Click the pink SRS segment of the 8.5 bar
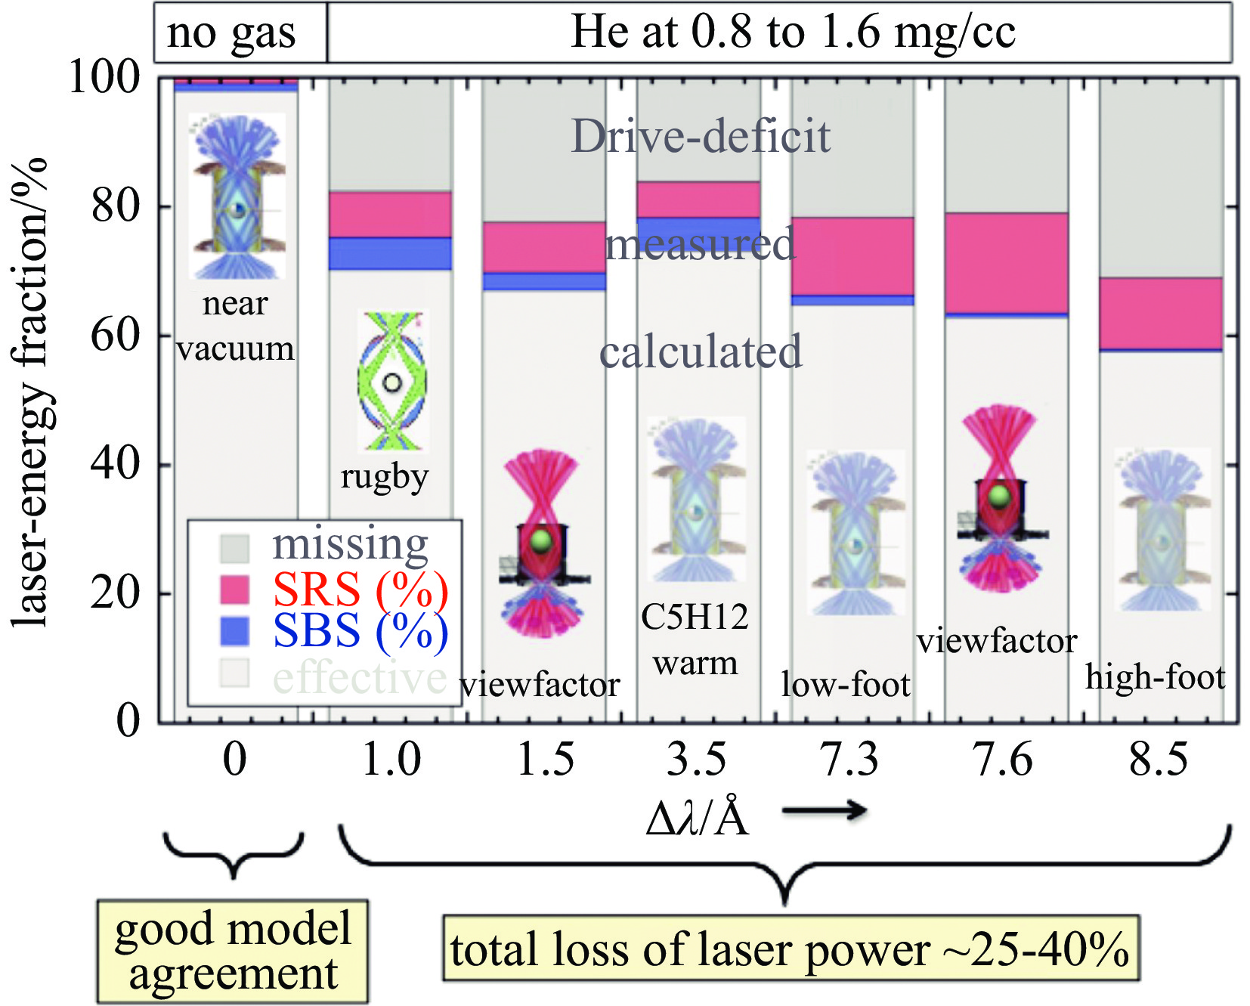pos(1161,313)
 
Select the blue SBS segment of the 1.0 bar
pos(390,253)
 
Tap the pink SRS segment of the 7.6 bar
pos(1006,262)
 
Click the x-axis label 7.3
pos(850,759)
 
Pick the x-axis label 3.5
pos(696,759)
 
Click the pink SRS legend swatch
pos(234,589)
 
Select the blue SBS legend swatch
pos(234,631)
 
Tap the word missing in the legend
pos(350,543)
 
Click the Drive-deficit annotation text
pos(701,136)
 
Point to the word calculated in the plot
pos(701,351)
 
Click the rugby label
pos(385,477)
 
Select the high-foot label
pos(1155,677)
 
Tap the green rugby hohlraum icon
pos(391,382)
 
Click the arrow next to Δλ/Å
pos(825,810)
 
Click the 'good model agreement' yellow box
pos(233,951)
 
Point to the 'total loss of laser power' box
pos(791,949)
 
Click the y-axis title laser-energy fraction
pos(30,393)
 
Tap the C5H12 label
pos(695,617)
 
